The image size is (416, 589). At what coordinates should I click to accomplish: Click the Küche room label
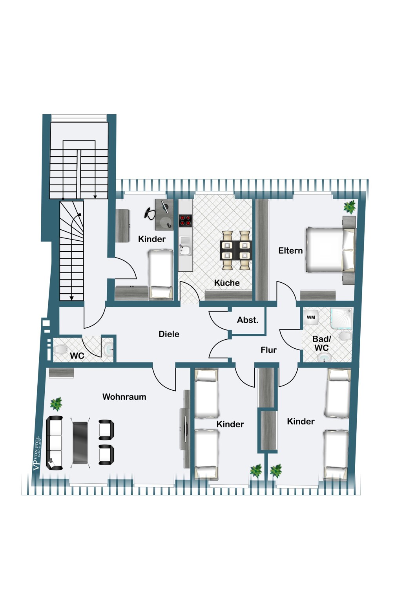pos(227,283)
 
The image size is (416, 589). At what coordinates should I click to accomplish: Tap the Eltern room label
pos(290,251)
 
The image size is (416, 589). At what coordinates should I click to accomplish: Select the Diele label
pos(169,334)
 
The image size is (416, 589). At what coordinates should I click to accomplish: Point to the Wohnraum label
pos(124,397)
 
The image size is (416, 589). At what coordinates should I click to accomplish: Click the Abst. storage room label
pos(248,320)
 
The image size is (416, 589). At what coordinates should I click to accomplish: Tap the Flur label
pos(268,350)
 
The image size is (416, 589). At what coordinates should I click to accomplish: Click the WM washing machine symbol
pos(311,317)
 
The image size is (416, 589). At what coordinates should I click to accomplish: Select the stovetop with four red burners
pos(185,220)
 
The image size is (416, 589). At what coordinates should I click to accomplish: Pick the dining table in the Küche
pos(236,251)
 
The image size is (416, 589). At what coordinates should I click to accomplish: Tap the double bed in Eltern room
pos(330,250)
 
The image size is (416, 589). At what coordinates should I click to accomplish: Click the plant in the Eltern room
pos(350,206)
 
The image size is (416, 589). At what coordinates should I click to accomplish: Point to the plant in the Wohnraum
pos(56,404)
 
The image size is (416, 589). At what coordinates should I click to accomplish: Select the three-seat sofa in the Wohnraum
pos(55,443)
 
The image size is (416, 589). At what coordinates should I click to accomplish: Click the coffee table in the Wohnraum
pos(80,443)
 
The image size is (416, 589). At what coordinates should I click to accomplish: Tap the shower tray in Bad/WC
pos(341,318)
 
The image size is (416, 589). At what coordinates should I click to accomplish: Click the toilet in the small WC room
pos(61,349)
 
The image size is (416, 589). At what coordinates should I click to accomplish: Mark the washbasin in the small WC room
pos(108,349)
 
